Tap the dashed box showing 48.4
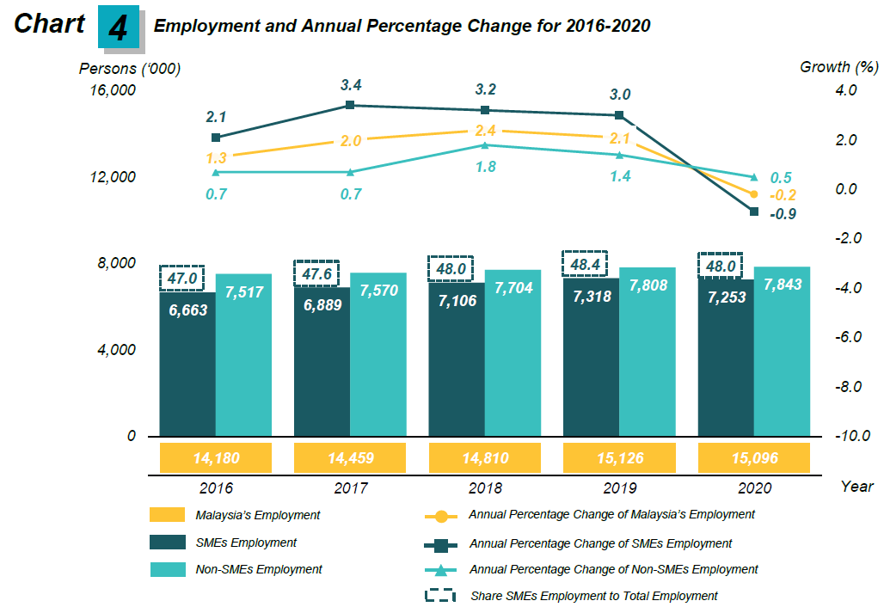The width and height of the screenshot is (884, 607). tap(585, 265)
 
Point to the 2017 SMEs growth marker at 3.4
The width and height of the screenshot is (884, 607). tap(350, 105)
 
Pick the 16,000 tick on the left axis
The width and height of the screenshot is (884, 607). tap(113, 90)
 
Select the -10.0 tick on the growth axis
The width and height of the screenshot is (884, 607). tap(854, 436)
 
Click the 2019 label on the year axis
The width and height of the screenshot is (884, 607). tap(618, 487)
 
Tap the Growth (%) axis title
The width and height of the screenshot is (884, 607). tap(838, 67)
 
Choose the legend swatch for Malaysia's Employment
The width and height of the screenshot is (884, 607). tap(168, 515)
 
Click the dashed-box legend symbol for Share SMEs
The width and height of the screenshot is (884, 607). tap(440, 595)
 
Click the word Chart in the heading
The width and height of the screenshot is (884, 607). tap(50, 24)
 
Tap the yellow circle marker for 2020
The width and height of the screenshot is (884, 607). tap(754, 195)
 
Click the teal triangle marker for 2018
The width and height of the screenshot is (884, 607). tap(485, 144)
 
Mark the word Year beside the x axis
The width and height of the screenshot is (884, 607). tap(856, 487)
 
